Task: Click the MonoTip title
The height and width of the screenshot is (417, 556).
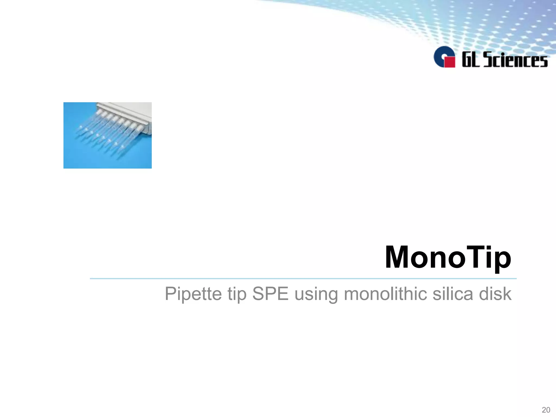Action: [x=448, y=257]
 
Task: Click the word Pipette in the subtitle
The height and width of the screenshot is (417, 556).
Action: [x=193, y=294]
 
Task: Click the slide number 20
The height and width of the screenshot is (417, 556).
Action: [x=546, y=410]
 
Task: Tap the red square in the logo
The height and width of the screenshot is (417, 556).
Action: [x=450, y=62]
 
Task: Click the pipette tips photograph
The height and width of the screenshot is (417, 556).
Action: [x=108, y=135]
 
